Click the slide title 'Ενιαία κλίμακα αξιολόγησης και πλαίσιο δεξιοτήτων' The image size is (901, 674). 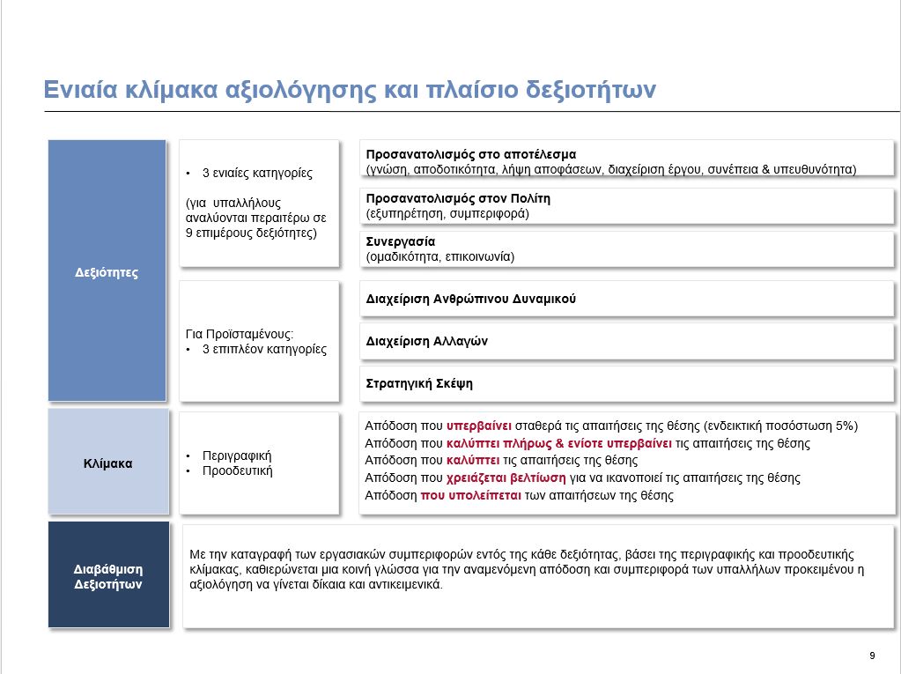tap(350, 91)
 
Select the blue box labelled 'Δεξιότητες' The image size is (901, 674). tap(107, 271)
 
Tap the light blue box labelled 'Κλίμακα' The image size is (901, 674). tap(107, 462)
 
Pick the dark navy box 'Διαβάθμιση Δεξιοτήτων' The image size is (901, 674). tap(107, 575)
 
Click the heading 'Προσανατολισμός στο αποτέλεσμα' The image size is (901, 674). tap(470, 154)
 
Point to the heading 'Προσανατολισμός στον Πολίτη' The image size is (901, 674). tap(458, 198)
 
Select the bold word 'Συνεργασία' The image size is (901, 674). tap(401, 241)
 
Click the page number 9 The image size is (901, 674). tap(871, 655)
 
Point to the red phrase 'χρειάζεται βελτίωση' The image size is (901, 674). tap(501, 478)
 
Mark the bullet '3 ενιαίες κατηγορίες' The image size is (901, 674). tap(257, 173)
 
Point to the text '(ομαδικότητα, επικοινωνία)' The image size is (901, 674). tap(439, 256)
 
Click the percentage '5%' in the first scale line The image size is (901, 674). tap(845, 426)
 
